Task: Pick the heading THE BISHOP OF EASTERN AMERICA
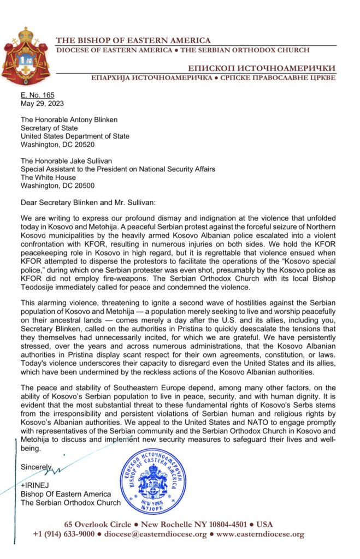click(133, 40)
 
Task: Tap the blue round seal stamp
click(152, 481)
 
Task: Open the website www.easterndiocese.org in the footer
click(260, 534)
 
